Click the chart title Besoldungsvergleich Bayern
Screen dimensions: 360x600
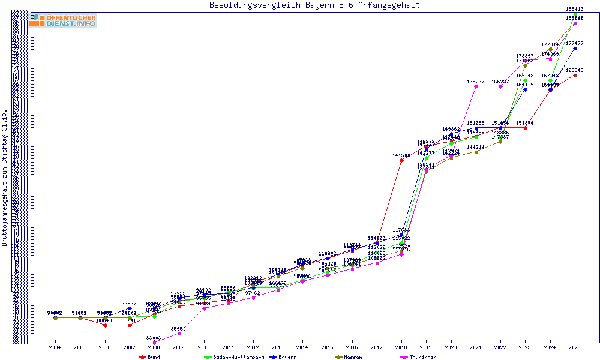(314, 5)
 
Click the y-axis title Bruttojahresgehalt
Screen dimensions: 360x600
(5, 178)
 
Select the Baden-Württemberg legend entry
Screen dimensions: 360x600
(234, 357)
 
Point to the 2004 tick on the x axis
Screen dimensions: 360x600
(55, 347)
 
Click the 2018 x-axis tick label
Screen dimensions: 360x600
(401, 347)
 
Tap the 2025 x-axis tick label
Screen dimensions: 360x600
(575, 347)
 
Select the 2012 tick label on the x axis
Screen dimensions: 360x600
(253, 347)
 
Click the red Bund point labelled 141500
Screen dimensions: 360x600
(401, 160)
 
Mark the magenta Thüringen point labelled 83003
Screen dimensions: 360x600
(154, 343)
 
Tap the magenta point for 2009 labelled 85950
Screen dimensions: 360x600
(179, 334)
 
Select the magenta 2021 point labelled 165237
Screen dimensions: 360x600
(476, 86)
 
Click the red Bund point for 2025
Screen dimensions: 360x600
(575, 75)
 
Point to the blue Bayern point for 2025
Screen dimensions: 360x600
(575, 48)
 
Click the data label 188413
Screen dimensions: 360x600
(575, 9)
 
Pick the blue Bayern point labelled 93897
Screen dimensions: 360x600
(130, 308)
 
